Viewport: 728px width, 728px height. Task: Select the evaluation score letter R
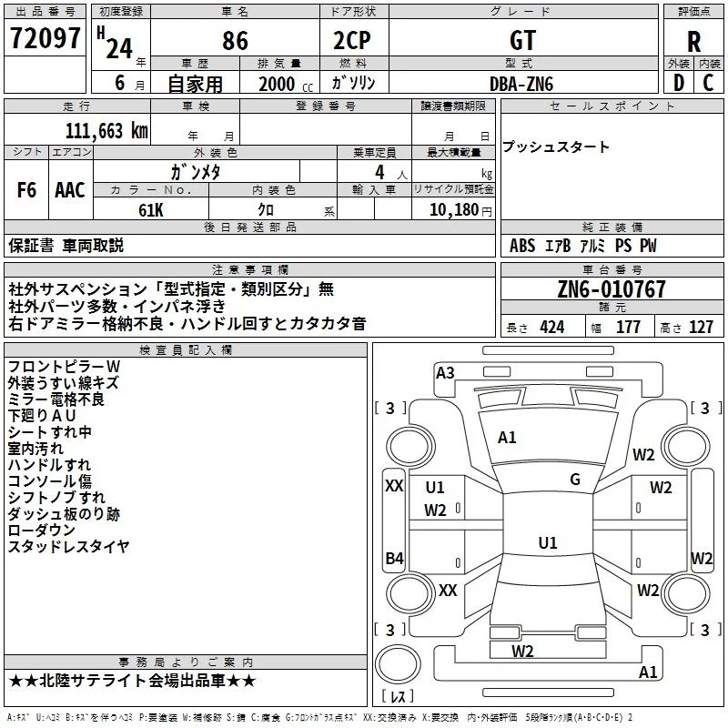693,40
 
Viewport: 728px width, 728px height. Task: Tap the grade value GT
523,40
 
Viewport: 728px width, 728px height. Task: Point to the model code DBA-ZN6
521,84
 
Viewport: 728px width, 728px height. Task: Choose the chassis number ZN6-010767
612,290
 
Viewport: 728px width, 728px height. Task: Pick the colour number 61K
150,210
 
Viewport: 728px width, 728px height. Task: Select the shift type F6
27,190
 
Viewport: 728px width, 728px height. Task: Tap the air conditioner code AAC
70,190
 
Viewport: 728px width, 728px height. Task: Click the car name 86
235,40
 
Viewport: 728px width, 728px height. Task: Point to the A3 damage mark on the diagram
445,372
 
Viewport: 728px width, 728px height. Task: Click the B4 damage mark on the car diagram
394,558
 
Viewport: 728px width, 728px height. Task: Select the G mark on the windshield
575,480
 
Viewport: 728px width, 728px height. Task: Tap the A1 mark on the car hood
507,438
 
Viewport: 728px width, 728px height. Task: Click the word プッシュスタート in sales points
556,147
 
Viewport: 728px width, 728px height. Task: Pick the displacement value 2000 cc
278,84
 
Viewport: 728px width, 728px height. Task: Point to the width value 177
629,328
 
